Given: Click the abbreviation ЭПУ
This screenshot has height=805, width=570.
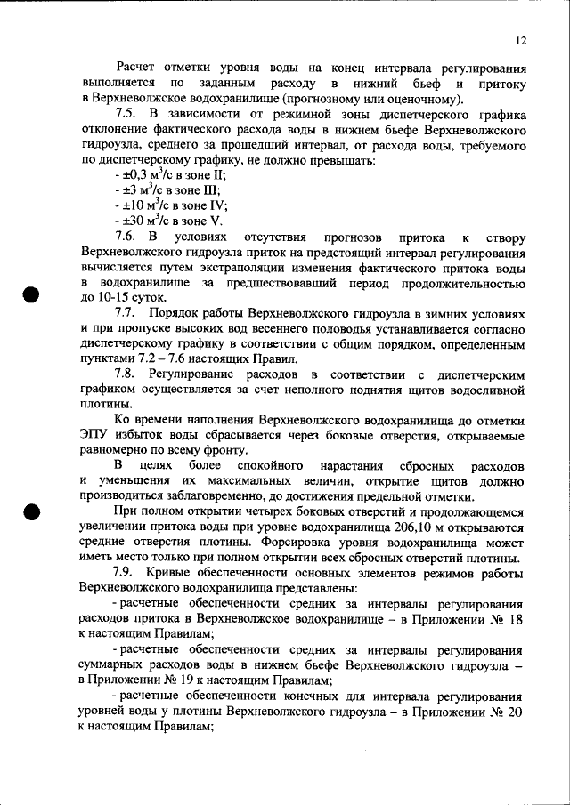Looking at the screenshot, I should point(95,434).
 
